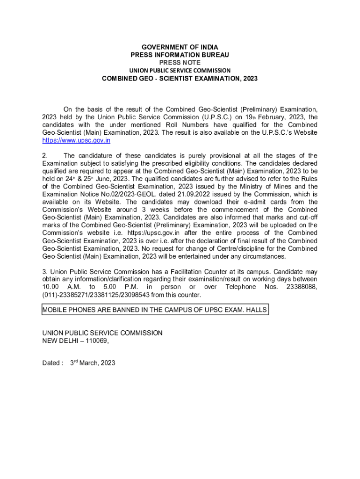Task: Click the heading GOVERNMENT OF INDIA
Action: tap(180, 47)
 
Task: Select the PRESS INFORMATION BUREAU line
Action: tap(180, 55)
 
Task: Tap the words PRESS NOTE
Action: tap(180, 62)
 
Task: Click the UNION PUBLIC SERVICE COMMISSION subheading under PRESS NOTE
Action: tap(180, 70)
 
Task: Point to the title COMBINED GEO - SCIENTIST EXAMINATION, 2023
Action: tap(180, 79)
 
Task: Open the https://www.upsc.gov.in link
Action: tap(76, 140)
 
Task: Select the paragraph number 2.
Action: tap(44, 156)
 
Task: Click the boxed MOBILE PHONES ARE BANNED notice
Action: tap(155, 310)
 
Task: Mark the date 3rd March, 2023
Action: tap(93, 363)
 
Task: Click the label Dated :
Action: tap(52, 363)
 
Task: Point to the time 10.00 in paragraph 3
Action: tap(50, 287)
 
